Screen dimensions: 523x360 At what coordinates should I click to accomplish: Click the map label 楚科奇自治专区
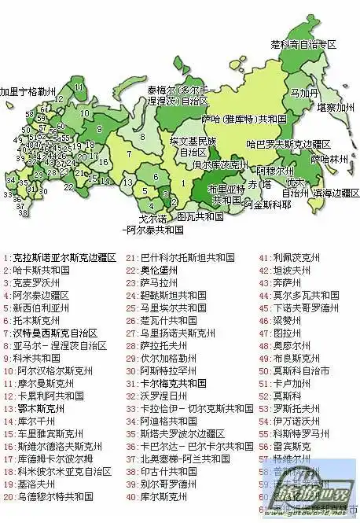[x=303, y=44]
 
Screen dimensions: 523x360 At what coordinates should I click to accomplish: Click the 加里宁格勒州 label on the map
[x=28, y=91]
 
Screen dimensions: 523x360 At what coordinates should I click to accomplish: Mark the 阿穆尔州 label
[x=275, y=170]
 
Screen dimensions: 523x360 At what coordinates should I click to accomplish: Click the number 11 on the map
[x=79, y=87]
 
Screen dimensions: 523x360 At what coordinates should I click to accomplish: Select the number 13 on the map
[x=127, y=182]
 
